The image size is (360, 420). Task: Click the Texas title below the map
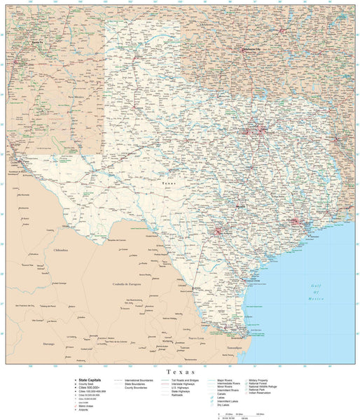tap(180, 371)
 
